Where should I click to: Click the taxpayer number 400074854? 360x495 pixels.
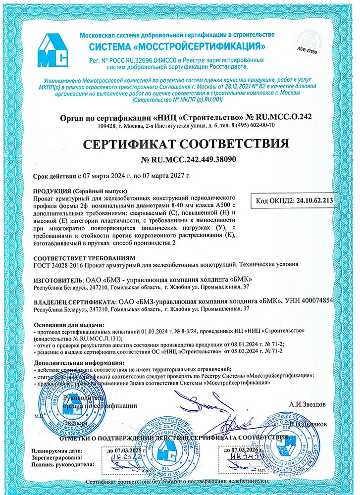point(329,301)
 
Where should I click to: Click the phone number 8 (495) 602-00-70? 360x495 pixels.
point(246,126)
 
